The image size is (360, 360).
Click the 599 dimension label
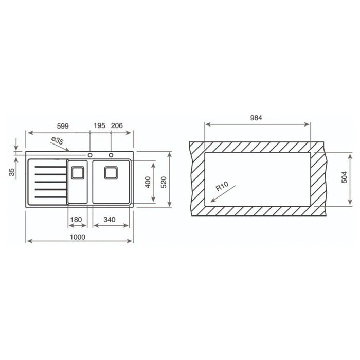(63, 126)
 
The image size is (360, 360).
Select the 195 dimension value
(99, 125)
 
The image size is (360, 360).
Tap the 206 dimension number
(117, 125)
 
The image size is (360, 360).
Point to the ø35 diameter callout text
(57, 140)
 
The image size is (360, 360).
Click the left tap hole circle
(90, 155)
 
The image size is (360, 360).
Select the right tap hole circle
(111, 155)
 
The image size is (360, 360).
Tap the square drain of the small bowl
(78, 173)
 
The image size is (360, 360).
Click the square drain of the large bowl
(111, 173)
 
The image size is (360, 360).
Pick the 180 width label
(76, 220)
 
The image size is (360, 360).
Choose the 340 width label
(109, 220)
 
